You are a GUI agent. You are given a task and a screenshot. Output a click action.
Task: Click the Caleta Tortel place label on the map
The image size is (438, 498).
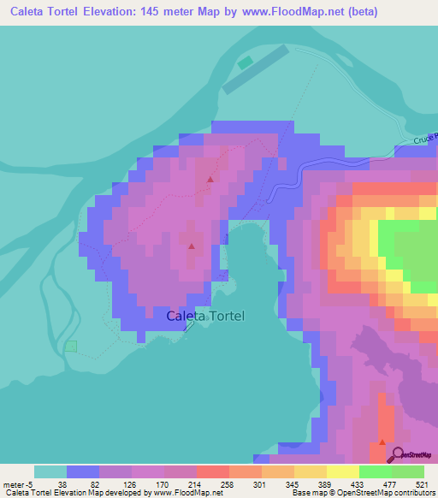click(x=205, y=316)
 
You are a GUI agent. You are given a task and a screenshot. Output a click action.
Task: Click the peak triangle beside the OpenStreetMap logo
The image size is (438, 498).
click(x=382, y=442)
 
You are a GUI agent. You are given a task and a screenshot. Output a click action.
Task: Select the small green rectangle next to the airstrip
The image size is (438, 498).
click(x=246, y=62)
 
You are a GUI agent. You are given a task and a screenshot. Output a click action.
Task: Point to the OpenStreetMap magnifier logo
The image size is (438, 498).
click(x=393, y=454)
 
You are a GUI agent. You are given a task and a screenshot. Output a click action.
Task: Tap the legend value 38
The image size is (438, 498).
click(x=62, y=484)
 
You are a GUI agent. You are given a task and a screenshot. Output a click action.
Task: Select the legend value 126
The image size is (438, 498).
click(x=127, y=484)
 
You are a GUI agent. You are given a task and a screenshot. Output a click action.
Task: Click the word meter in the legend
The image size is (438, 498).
click(x=15, y=484)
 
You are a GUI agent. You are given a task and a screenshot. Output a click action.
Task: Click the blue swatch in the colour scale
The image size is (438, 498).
click(x=83, y=471)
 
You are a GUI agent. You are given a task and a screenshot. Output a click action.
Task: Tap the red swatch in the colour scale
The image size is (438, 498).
click(x=212, y=471)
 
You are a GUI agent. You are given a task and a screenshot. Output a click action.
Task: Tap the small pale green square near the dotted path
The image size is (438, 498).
click(x=71, y=346)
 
